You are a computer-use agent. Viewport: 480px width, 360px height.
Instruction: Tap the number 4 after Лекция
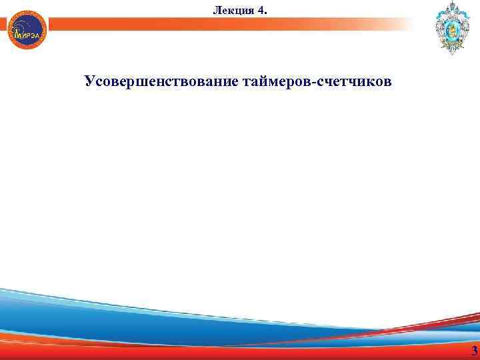click(260, 10)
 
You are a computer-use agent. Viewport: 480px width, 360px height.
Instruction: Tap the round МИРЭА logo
click(27, 31)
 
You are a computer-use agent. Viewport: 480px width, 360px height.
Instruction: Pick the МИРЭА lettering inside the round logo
click(27, 35)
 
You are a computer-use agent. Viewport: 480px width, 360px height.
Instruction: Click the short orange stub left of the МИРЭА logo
click(3, 25)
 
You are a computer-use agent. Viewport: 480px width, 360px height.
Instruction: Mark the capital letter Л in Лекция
click(216, 10)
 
